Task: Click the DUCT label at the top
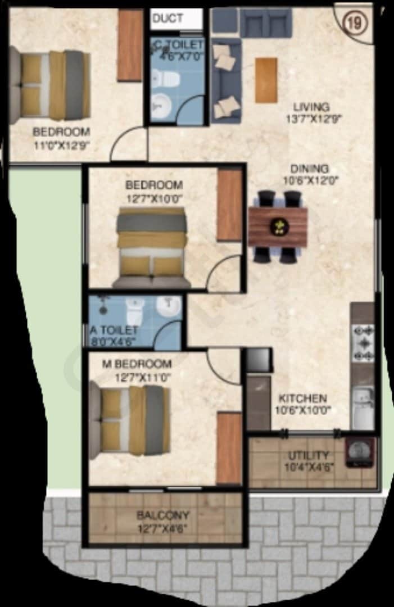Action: coord(167,18)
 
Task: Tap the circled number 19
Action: coord(352,24)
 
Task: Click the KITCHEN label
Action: coord(303,398)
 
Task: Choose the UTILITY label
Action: coord(309,455)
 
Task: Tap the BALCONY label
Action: coord(163,515)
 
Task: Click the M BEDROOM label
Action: coord(136,363)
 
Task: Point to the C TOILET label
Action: coord(179,43)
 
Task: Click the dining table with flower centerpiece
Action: coord(278,226)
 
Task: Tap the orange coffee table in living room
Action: coord(266,80)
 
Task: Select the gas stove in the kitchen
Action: coord(363,342)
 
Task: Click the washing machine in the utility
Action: coord(360,452)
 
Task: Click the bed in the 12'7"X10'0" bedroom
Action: coord(151,247)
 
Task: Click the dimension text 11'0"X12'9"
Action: coord(61,144)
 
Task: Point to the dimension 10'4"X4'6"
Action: coord(309,466)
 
